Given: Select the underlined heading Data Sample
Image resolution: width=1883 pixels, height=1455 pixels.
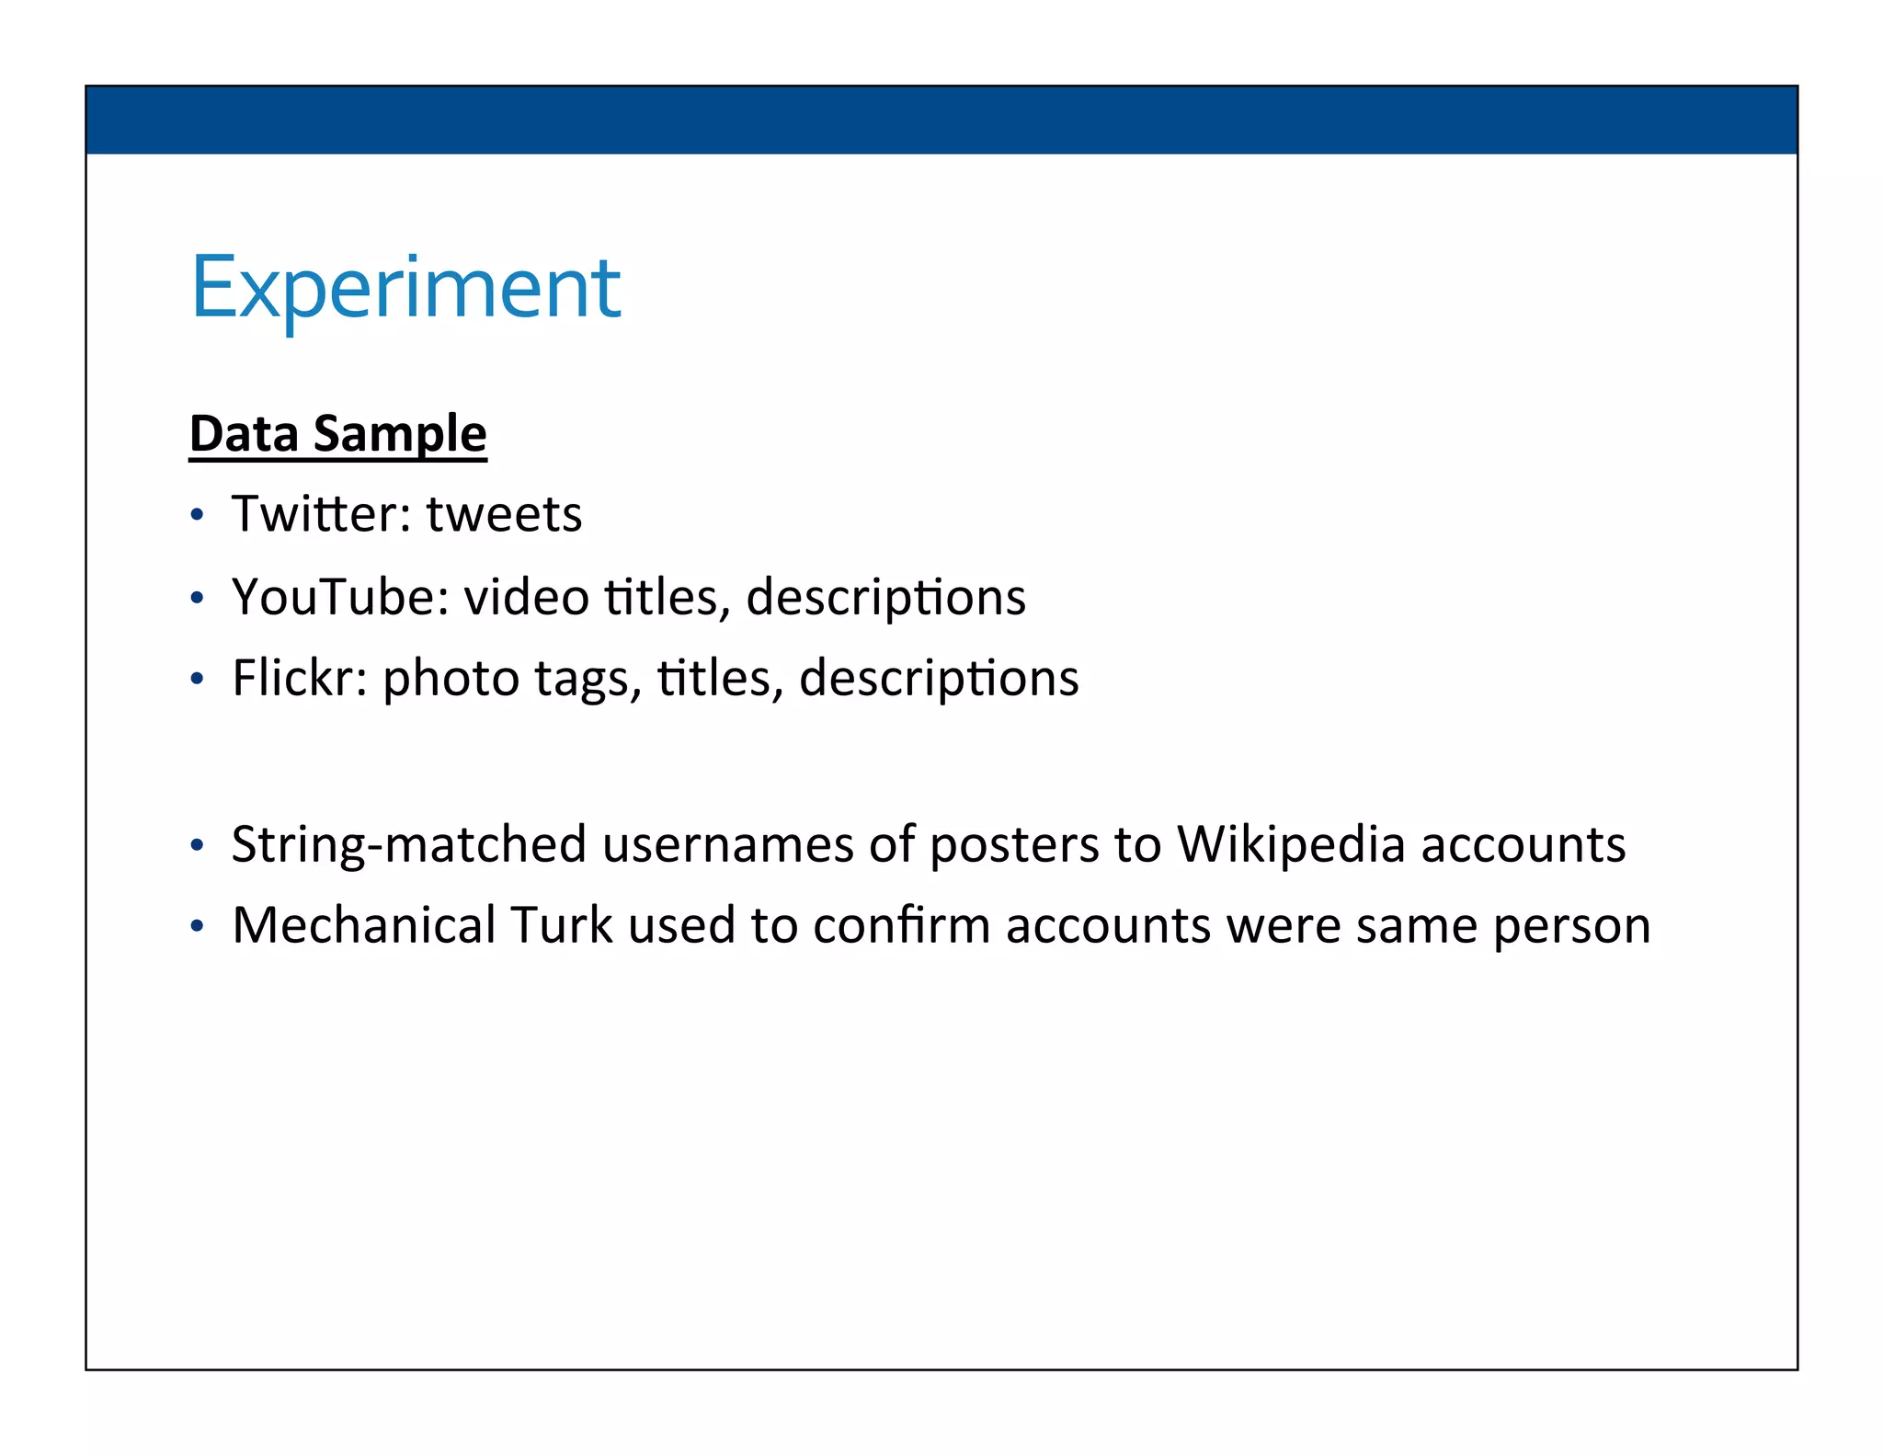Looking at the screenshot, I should [337, 433].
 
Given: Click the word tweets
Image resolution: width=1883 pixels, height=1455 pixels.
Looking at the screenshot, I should [504, 513].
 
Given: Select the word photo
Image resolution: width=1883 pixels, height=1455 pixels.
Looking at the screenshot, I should [451, 681].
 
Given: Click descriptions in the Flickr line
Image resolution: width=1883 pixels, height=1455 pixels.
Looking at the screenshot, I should [939, 679].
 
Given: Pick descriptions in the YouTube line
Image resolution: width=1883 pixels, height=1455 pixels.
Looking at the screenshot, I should [885, 598].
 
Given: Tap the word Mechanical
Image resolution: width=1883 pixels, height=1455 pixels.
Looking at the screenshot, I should [364, 925].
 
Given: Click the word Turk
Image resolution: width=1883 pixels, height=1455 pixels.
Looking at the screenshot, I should [561, 925].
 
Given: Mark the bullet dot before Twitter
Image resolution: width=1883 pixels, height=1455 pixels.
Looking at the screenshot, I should [196, 516].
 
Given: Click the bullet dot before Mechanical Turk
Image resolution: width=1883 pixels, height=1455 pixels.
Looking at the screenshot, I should [196, 927].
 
